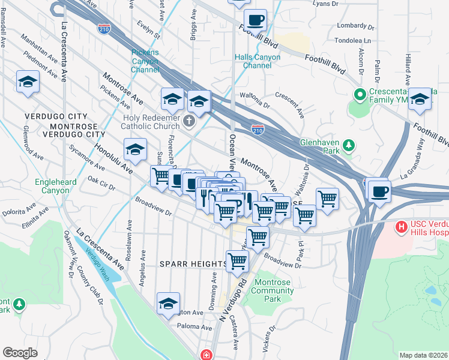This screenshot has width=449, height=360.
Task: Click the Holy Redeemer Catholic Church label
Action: pyautogui.click(x=151, y=122)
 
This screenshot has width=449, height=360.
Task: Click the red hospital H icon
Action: pyautogui.click(x=400, y=227)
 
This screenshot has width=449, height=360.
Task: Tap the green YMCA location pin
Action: pyautogui.click(x=360, y=95)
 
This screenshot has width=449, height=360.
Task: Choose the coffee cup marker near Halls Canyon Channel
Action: pyautogui.click(x=256, y=19)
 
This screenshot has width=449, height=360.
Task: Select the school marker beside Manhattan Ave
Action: pyautogui.click(x=28, y=82)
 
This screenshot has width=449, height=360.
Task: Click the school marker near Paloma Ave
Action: pyautogui.click(x=169, y=304)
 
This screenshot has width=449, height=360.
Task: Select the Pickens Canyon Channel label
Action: pyautogui.click(x=145, y=61)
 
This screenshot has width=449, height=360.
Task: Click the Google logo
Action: pyautogui.click(x=20, y=353)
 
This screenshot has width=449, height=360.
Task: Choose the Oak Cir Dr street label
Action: pyautogui.click(x=101, y=183)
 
